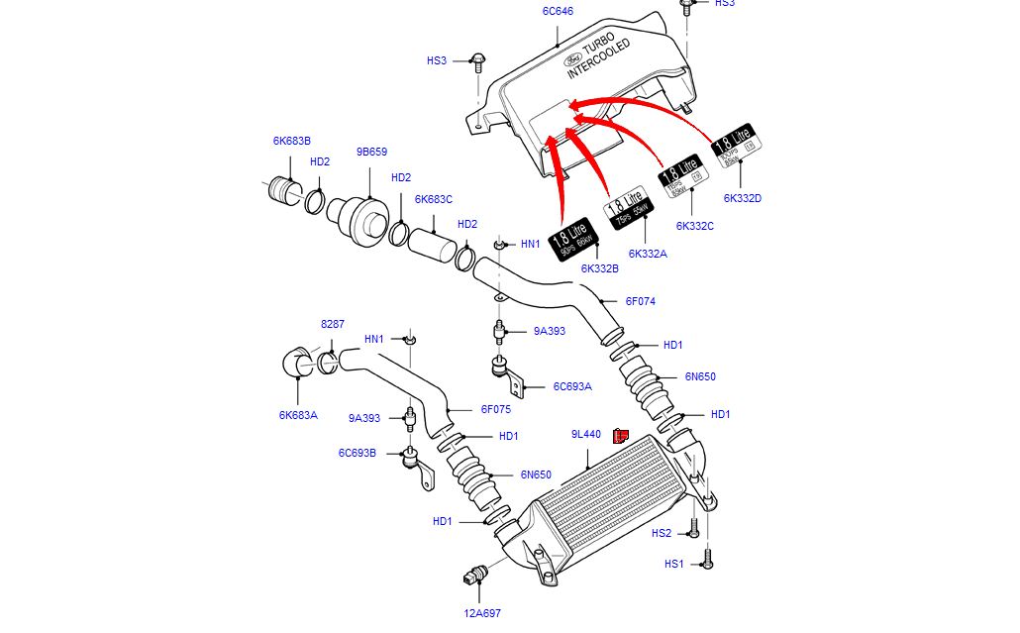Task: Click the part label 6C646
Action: (x=558, y=12)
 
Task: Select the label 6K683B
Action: (x=292, y=141)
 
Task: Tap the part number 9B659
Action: (x=371, y=153)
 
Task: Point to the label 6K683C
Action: (x=434, y=199)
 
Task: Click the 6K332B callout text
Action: (x=600, y=268)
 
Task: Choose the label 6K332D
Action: (x=743, y=198)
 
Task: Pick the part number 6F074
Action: (x=640, y=301)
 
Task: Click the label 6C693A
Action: (x=572, y=386)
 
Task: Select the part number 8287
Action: (x=333, y=324)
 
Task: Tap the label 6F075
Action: (x=496, y=409)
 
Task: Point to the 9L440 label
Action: (x=586, y=434)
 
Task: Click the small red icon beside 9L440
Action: (x=622, y=435)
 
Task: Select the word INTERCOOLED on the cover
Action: (x=598, y=60)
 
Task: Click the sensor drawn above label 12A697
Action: (x=476, y=577)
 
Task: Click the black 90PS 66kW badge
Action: (x=574, y=240)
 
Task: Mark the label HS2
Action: (x=662, y=533)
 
